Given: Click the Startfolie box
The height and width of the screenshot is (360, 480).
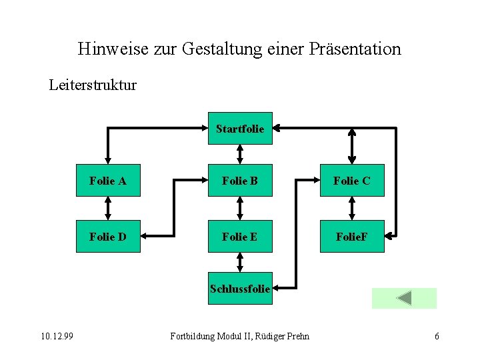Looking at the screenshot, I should (240, 128).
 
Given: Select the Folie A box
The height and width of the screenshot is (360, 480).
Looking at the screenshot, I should (108, 181).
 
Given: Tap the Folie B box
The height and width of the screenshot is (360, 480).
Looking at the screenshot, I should (240, 181).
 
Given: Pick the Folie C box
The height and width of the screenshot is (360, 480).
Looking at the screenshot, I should (352, 181).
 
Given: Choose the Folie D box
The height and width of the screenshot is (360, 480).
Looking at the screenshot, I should (108, 237).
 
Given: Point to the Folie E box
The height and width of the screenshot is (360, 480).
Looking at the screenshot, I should (240, 237).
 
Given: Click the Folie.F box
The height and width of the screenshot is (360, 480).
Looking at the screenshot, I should (352, 237).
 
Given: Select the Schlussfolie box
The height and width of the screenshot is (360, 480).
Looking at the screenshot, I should (240, 289).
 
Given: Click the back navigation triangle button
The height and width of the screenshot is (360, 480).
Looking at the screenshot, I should (403, 298).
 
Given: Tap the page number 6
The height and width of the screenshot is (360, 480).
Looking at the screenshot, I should (437, 336).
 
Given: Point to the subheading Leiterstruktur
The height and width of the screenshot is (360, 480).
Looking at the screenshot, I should (93, 85).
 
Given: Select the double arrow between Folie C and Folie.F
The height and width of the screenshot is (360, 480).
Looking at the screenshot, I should (352, 209).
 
